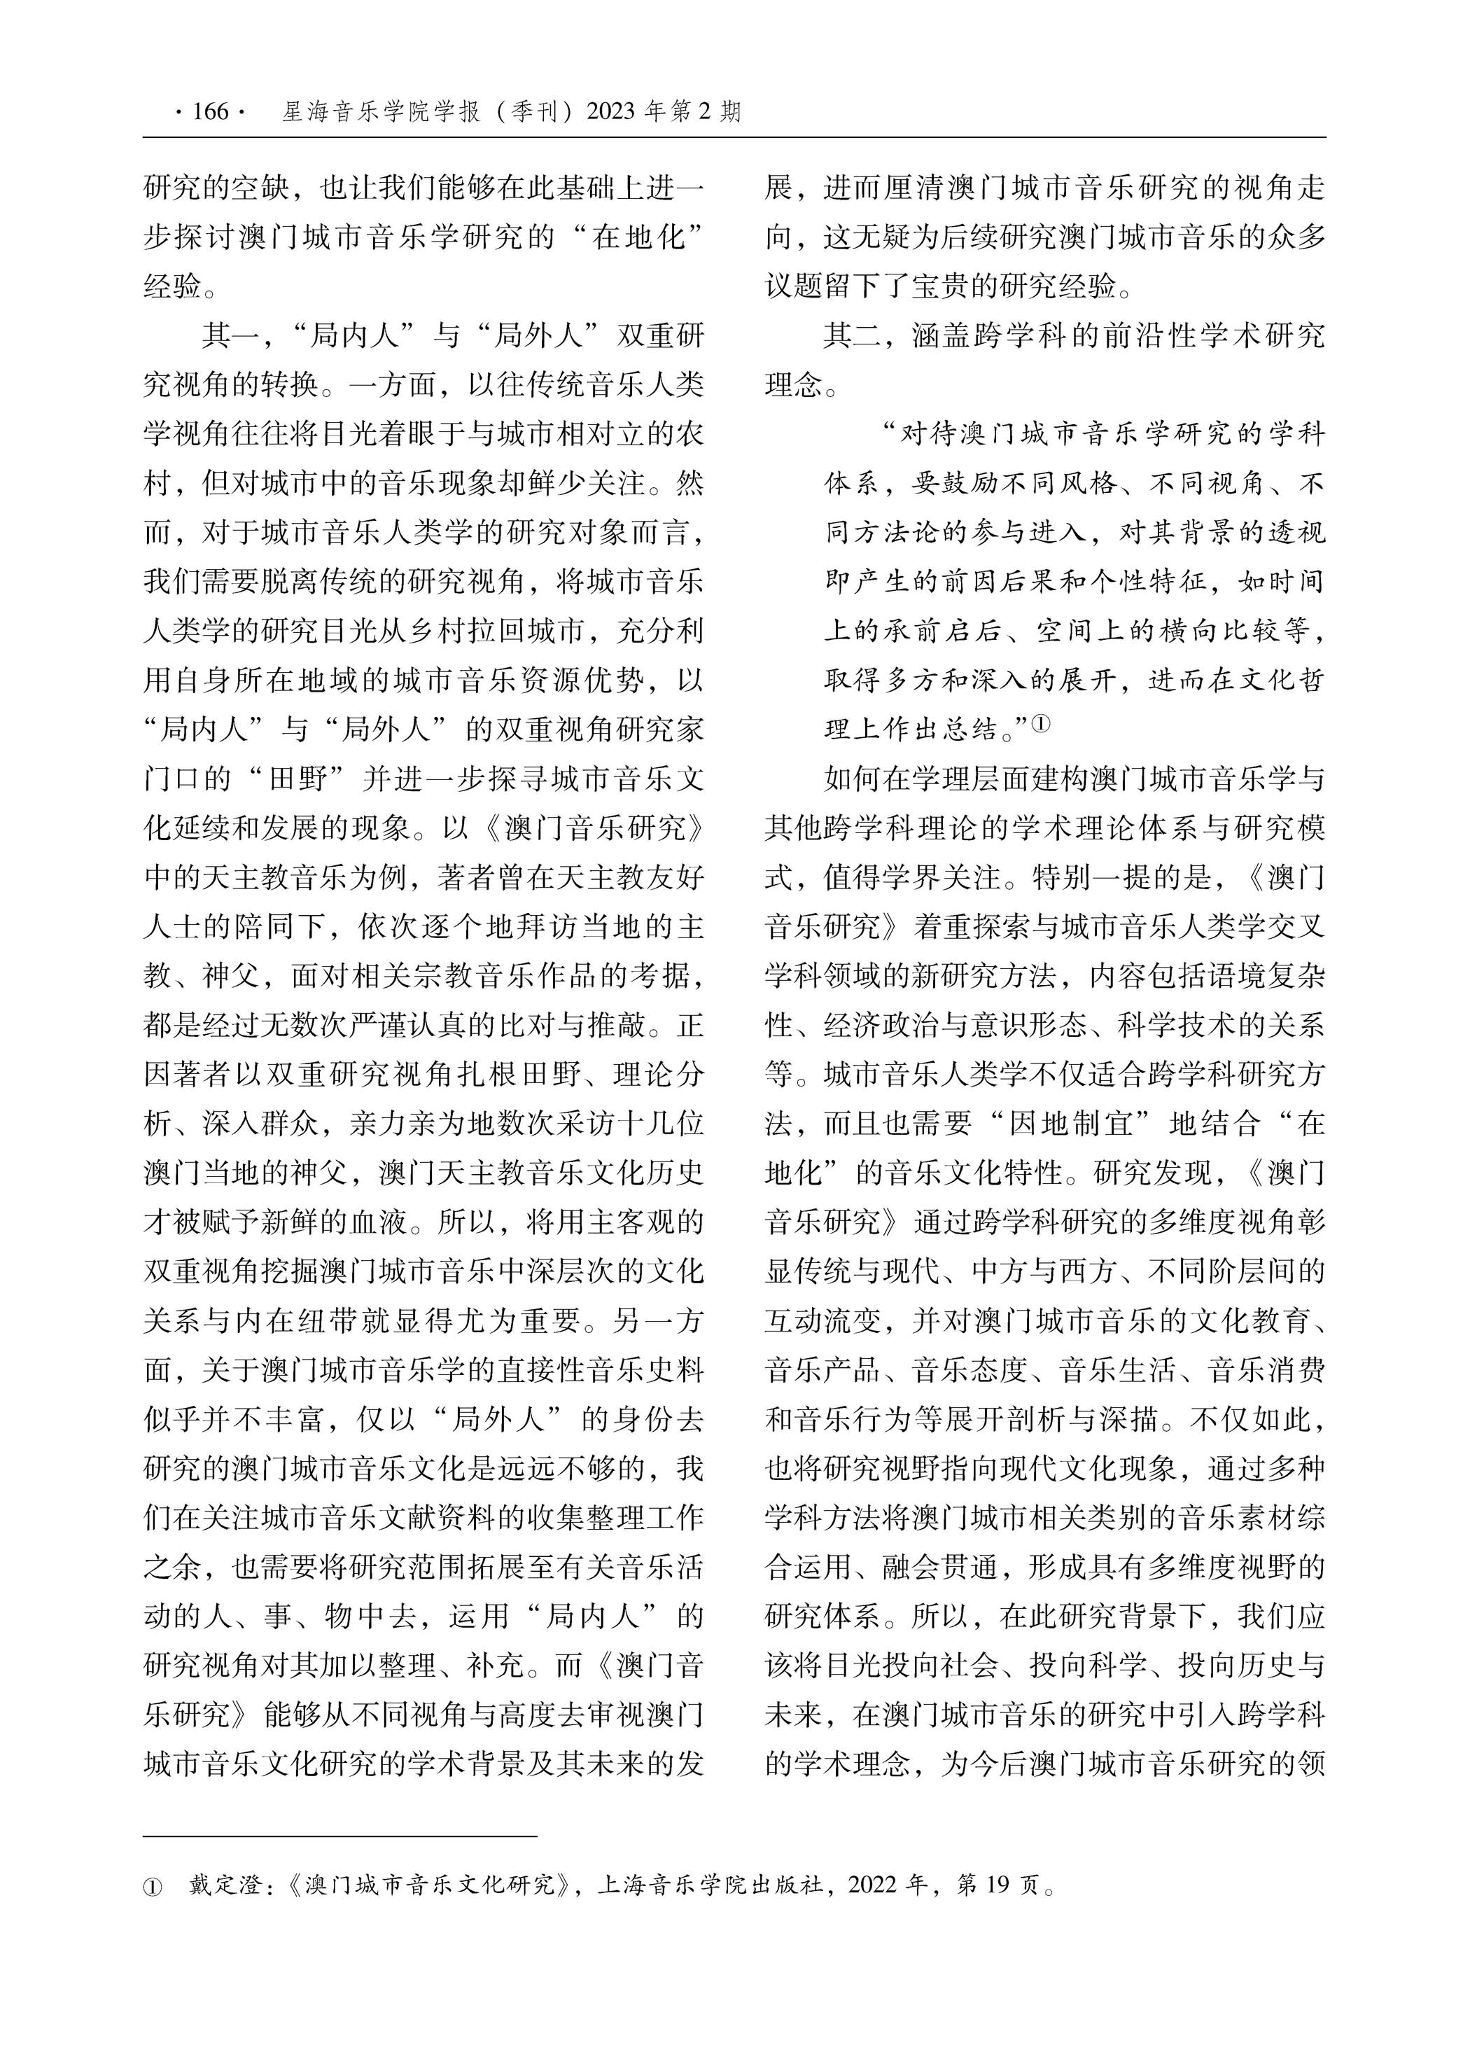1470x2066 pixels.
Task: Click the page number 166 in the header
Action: click(x=210, y=111)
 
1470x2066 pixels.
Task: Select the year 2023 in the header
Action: click(x=611, y=111)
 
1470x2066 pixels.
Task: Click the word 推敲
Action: click(x=614, y=1026)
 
